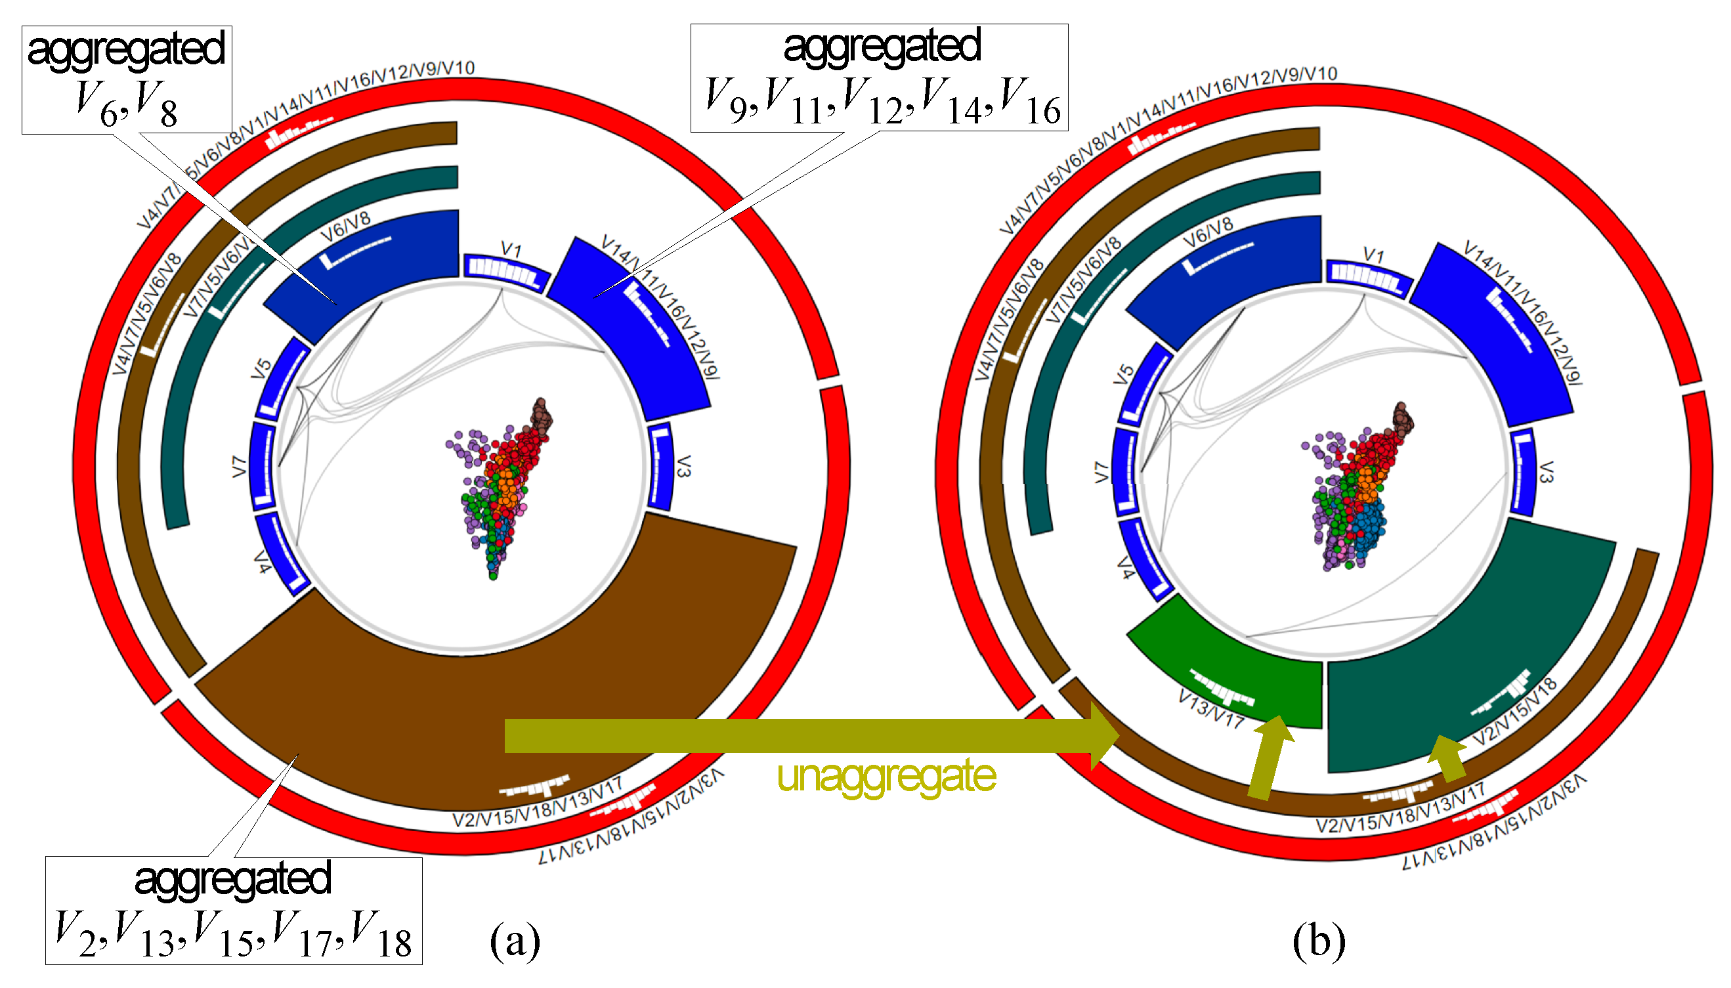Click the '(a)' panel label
(515, 941)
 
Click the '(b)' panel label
(1318, 941)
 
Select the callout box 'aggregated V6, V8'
(127, 79)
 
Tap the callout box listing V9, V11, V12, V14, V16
(879, 77)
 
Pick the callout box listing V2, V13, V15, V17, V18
(233, 910)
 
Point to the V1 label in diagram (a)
(511, 249)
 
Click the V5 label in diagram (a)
(261, 368)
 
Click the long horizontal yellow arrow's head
(1102, 735)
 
